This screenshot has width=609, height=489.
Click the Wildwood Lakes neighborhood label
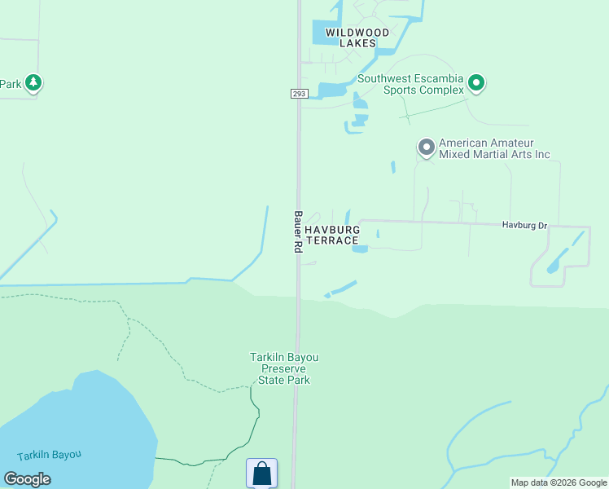click(x=351, y=37)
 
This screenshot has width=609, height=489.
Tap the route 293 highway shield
click(x=298, y=94)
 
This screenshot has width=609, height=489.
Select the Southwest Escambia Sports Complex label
click(x=410, y=84)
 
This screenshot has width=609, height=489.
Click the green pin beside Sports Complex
click(x=476, y=83)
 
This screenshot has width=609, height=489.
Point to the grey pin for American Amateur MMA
click(x=426, y=148)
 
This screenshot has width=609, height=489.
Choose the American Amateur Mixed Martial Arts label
click(x=494, y=148)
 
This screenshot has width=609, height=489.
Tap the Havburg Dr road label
click(x=524, y=225)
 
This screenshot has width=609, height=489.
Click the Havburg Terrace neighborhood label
click(x=332, y=235)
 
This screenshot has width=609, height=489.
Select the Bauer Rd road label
click(x=298, y=232)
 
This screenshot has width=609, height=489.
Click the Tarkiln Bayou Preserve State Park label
click(x=283, y=368)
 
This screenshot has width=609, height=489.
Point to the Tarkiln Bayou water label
click(x=50, y=456)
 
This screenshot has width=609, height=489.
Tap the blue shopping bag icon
click(x=261, y=474)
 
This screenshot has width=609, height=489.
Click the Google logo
click(x=27, y=479)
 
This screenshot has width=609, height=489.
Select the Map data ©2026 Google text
click(x=559, y=482)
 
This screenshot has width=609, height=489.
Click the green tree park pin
click(x=33, y=82)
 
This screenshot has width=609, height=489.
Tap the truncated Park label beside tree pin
click(x=11, y=83)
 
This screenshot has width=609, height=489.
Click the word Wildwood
click(x=352, y=33)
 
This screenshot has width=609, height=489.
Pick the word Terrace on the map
click(x=332, y=240)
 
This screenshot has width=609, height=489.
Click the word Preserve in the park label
click(x=283, y=368)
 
